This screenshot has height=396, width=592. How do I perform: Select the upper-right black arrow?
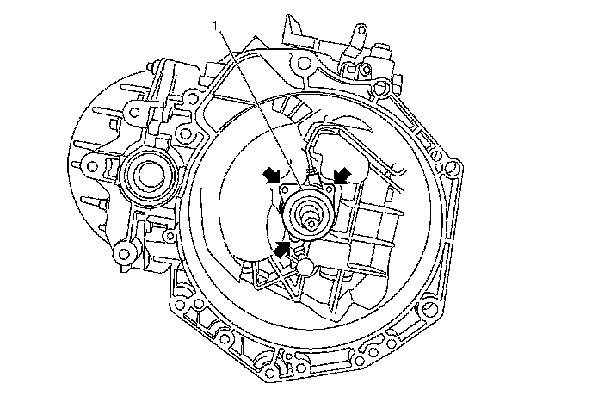click(x=342, y=175)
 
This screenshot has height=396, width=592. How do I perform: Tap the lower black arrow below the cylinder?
click(x=283, y=249)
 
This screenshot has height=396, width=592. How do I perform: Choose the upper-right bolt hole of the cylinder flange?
click(x=328, y=189)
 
